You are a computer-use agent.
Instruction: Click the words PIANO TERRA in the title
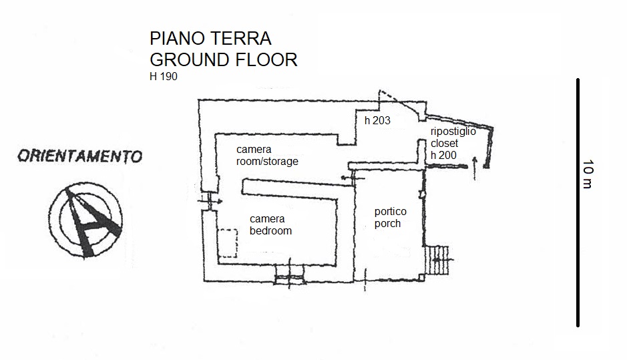click(x=210, y=38)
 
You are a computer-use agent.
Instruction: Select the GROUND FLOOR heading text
click(x=224, y=59)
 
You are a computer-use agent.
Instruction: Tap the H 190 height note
click(x=164, y=76)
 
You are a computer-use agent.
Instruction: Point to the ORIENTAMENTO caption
click(x=80, y=157)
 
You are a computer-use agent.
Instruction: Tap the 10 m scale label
click(x=588, y=174)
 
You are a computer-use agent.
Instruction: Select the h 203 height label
click(x=377, y=121)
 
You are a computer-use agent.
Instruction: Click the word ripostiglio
click(x=453, y=132)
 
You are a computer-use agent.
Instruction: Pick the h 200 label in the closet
click(x=444, y=155)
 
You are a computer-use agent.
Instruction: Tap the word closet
click(x=445, y=144)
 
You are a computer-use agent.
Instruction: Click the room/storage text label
click(x=267, y=162)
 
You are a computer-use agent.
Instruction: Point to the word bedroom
click(x=270, y=231)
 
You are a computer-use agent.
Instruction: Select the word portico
click(x=391, y=212)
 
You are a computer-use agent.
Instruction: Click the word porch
click(x=387, y=224)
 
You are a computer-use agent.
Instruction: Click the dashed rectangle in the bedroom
click(x=227, y=244)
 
